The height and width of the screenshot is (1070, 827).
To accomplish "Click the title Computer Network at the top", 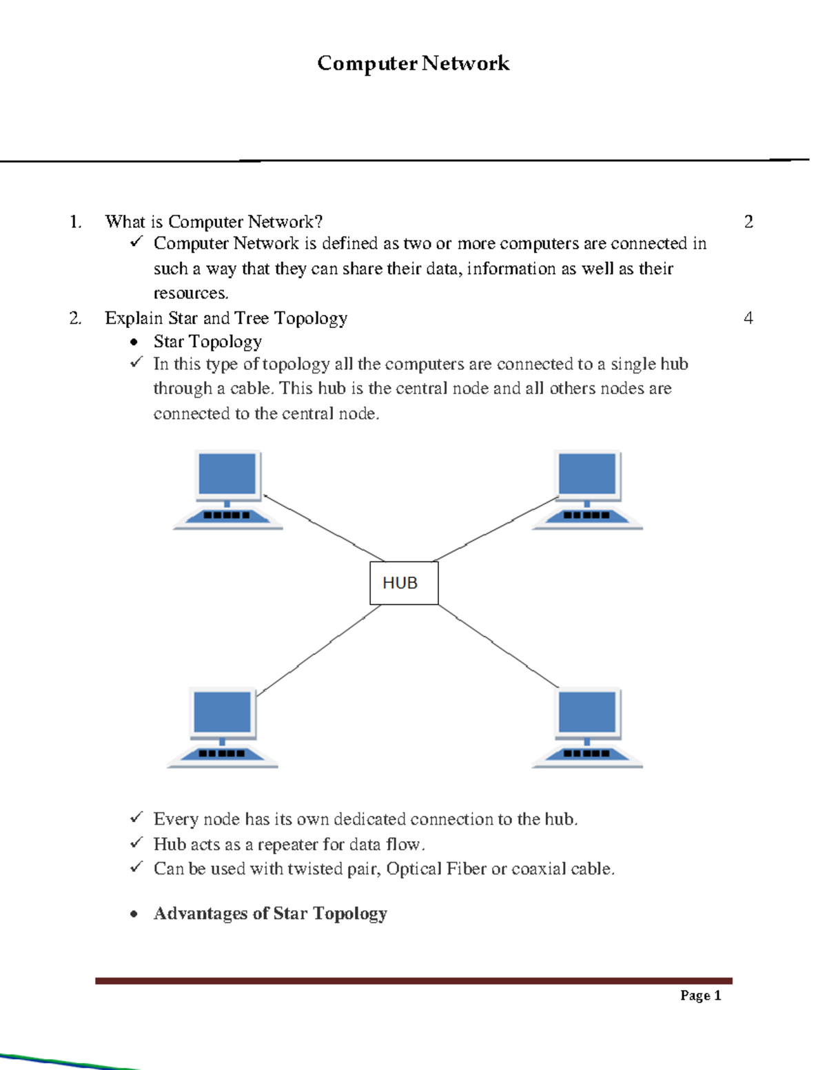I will click(413, 63).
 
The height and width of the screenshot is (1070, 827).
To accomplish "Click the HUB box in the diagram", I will click(404, 583).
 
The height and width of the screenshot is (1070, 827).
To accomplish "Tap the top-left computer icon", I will click(227, 490).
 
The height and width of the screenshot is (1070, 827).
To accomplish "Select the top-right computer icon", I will click(587, 490).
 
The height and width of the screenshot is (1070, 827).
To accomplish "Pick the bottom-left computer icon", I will click(223, 728).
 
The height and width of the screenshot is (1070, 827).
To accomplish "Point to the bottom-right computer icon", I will click(587, 728).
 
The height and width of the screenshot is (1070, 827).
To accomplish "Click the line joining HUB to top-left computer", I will click(324, 528).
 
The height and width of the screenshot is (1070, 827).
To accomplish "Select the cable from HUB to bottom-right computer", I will click(498, 646).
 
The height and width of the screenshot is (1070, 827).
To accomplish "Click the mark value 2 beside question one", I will click(748, 222).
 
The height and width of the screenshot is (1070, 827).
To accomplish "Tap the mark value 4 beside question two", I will click(748, 318).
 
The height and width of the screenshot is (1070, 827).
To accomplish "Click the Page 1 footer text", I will click(700, 995).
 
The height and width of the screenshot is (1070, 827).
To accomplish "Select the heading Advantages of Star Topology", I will click(270, 914).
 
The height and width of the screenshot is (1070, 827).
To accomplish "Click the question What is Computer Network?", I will click(214, 222).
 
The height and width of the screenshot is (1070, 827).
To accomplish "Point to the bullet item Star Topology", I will click(207, 342).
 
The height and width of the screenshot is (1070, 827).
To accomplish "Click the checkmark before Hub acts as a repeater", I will click(136, 843).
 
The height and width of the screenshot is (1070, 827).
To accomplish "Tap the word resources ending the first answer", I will click(190, 294).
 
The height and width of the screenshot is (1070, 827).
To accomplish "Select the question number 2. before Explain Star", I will click(75, 318).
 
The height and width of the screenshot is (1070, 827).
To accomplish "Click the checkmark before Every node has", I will click(136, 818).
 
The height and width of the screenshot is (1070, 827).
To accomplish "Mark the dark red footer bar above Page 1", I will click(413, 980).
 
